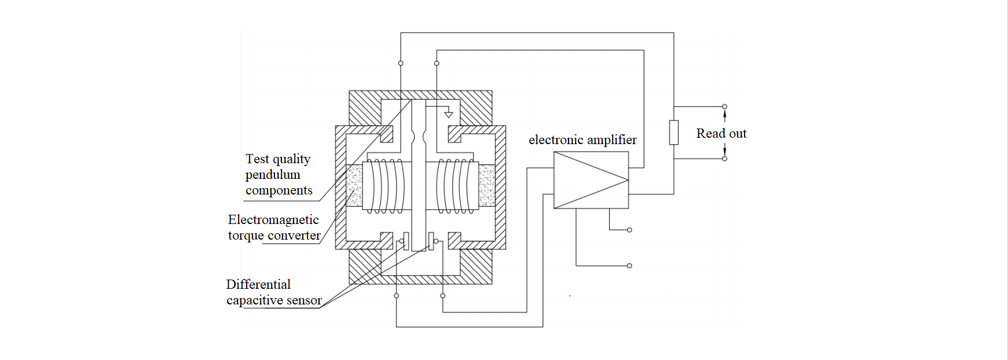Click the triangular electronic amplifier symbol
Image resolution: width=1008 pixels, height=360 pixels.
tap(591, 180)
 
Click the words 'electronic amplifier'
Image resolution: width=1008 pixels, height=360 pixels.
tap(582, 140)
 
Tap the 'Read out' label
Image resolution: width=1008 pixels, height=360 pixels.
tap(721, 134)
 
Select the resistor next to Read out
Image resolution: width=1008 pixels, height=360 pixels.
tap(674, 133)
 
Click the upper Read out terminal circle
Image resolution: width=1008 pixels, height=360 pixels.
tap(724, 106)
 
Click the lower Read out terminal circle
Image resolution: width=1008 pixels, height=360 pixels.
tap(724, 159)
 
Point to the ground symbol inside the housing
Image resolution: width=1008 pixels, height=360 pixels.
tap(448, 115)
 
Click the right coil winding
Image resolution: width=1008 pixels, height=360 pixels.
tap(457, 186)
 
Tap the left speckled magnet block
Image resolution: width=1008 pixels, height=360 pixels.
tap(354, 186)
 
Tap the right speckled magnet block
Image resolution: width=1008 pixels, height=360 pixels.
tap(487, 186)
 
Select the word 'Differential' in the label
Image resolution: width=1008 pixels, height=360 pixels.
tap(258, 285)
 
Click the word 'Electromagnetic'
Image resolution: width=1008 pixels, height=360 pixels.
tap(273, 220)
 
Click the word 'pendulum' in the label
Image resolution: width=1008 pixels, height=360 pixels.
tap(273, 175)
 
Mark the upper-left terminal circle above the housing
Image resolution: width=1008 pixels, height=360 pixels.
tap(401, 63)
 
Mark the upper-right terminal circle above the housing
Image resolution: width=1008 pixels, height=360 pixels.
tap(437, 63)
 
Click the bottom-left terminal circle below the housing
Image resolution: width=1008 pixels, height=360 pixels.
tap(397, 296)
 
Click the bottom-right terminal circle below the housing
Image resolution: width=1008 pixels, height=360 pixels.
tap(443, 296)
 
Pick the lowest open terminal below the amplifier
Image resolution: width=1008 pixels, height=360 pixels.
tap(629, 266)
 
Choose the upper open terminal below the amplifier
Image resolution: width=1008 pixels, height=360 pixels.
tap(629, 230)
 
